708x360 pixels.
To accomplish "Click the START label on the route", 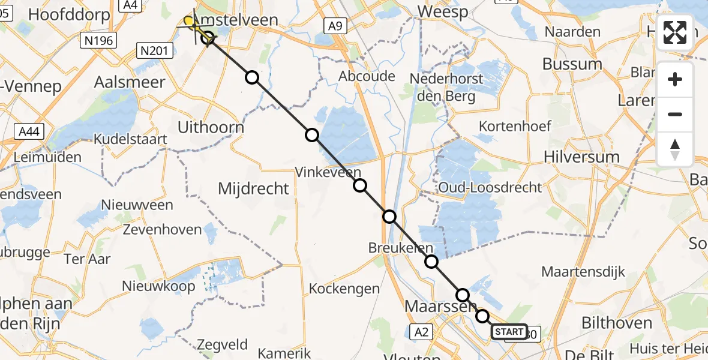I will (509, 332).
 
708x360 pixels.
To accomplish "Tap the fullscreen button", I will (675, 32).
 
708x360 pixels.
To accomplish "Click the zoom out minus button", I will (675, 114).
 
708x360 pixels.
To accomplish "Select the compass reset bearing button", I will (675, 149).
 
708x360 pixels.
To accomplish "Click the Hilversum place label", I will (581, 157).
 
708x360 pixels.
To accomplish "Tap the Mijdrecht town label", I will (253, 188).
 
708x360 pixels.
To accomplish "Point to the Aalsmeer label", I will (130, 82).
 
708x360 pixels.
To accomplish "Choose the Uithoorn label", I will (211, 127).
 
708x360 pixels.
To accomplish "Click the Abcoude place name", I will (367, 76).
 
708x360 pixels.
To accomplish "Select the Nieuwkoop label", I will (158, 286).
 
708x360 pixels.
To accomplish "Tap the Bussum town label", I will (572, 64).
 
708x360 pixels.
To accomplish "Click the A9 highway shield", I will (335, 26).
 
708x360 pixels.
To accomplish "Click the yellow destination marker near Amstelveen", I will (189, 22).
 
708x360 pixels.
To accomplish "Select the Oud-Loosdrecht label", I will (490, 187).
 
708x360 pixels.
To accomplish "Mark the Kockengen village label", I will (344, 289).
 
